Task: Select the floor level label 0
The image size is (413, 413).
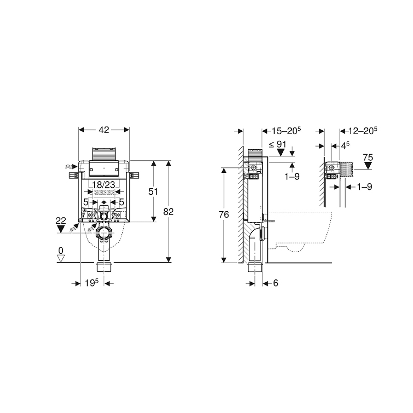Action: pyautogui.click(x=60, y=250)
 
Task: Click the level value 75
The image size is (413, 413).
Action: pyautogui.click(x=368, y=157)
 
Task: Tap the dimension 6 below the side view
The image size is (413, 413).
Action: pyautogui.click(x=275, y=284)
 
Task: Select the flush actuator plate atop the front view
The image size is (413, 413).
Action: pyautogui.click(x=104, y=155)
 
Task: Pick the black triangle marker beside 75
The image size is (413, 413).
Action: pyautogui.click(x=368, y=166)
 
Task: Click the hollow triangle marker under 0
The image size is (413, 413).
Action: pyautogui.click(x=60, y=258)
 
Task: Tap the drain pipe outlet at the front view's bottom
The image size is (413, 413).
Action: pyautogui.click(x=104, y=266)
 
